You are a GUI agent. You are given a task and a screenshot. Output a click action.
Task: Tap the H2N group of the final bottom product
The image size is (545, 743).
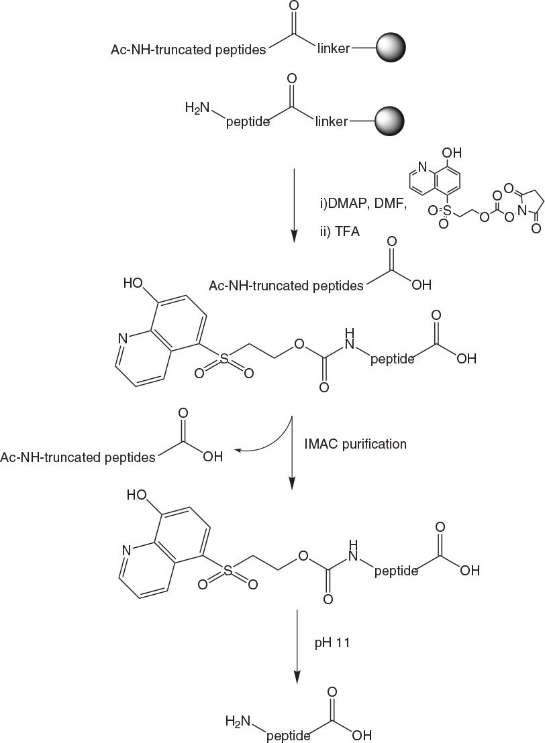238,721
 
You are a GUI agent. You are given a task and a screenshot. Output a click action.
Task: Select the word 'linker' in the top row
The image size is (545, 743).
332,50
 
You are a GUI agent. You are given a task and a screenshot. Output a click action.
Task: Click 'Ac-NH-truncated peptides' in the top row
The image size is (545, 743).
189,50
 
